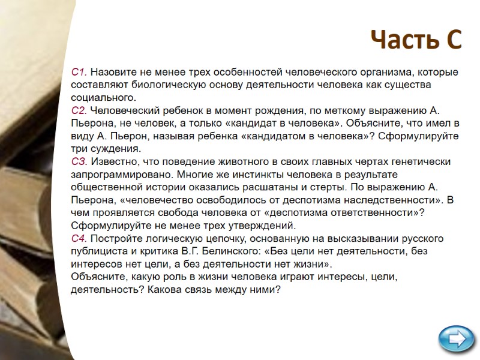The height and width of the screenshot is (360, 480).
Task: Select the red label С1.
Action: [x=79, y=72]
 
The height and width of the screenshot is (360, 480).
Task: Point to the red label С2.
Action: [x=79, y=110]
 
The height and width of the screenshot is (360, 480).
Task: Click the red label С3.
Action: [x=79, y=161]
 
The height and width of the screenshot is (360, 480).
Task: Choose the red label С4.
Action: [x=79, y=238]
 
